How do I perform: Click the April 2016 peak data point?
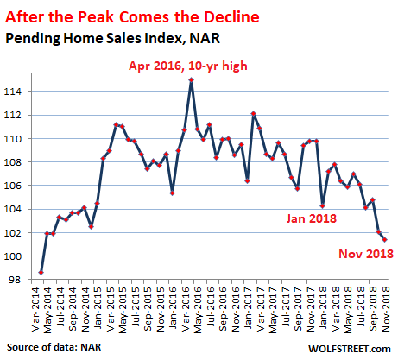coord(191,79)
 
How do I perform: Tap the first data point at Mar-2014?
coord(41,272)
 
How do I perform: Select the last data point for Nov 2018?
coord(384,239)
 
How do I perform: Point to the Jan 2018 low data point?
coord(322,206)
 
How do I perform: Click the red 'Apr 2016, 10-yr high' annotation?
coord(188,66)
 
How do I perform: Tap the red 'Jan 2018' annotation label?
coord(312,218)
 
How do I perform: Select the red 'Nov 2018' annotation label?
coord(366,254)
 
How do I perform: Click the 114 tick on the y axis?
coord(12,92)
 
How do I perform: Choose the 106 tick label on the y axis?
coord(12,186)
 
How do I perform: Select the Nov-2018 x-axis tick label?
coord(385,309)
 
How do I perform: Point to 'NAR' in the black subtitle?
coord(205,38)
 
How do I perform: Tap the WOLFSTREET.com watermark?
coord(350,349)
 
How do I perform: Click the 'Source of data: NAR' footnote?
coord(54,347)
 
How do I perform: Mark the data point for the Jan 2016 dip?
coord(172,193)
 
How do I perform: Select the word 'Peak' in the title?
coord(96,17)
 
